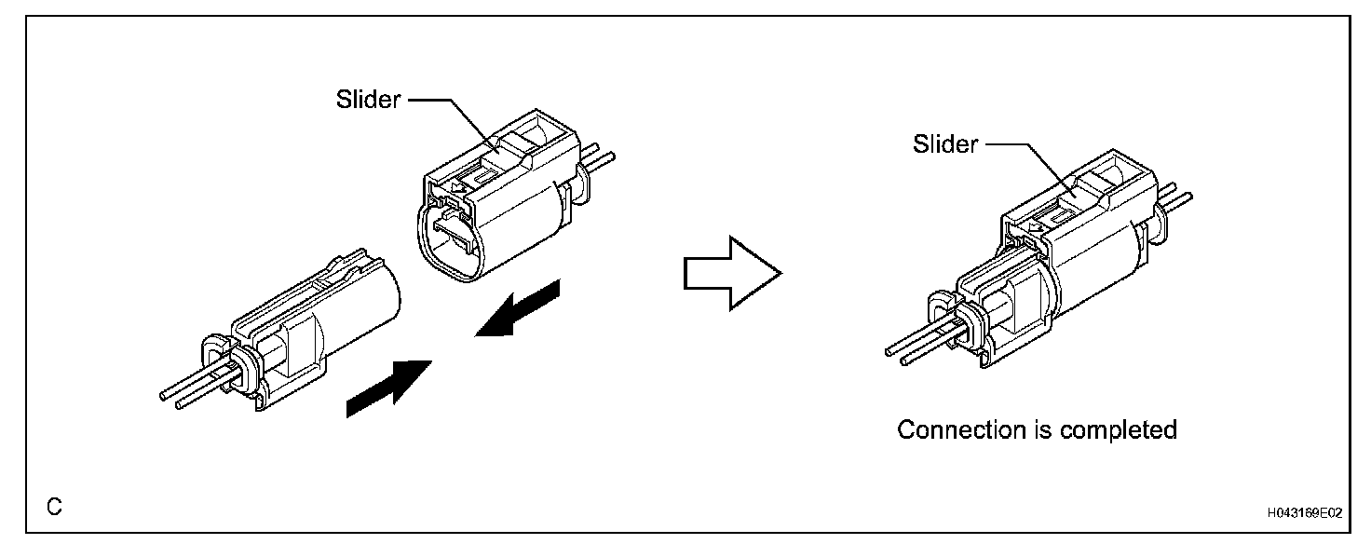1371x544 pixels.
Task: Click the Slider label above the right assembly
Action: pyautogui.click(x=945, y=144)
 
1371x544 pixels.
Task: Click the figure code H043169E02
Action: pyautogui.click(x=1303, y=512)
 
